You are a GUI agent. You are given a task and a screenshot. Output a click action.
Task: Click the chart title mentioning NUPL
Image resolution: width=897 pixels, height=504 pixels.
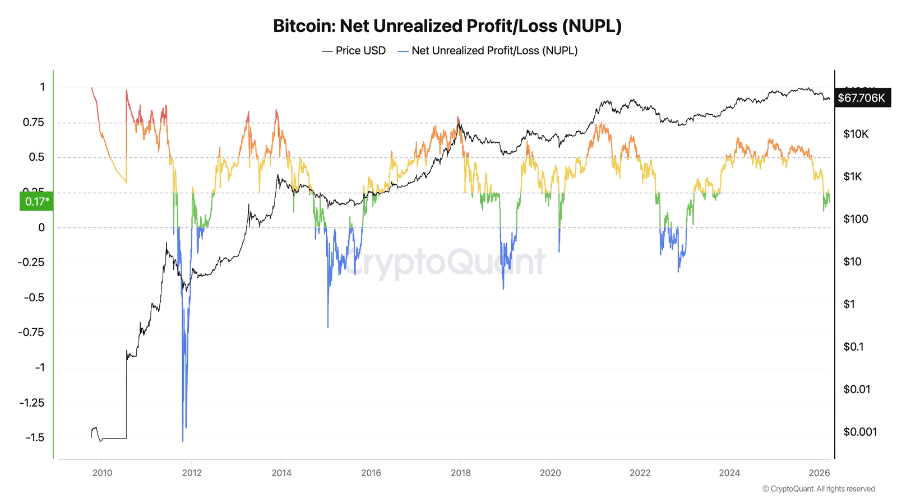tap(447, 26)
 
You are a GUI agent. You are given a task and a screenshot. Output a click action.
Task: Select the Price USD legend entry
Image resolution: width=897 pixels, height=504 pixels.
tap(354, 50)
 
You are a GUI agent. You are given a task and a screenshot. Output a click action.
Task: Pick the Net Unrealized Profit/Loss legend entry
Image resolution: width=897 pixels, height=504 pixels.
tap(488, 50)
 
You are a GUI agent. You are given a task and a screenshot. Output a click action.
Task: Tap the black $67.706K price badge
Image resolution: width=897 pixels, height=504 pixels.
tap(862, 98)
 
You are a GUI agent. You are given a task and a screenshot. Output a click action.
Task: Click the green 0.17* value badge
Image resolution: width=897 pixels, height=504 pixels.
tap(36, 201)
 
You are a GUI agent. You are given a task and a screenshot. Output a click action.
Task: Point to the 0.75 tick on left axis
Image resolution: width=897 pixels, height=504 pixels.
tap(34, 122)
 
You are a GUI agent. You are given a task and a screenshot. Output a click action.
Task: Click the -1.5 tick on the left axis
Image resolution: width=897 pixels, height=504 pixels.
tap(35, 437)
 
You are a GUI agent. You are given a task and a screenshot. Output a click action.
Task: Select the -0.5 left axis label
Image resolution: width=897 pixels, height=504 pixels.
tap(34, 297)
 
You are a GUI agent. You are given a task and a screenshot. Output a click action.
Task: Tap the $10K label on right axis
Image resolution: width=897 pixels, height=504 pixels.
tap(856, 134)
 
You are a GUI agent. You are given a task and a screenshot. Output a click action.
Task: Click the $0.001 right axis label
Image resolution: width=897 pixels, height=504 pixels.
tap(860, 432)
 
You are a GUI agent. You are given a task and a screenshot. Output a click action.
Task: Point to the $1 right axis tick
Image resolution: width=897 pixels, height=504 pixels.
tap(849, 304)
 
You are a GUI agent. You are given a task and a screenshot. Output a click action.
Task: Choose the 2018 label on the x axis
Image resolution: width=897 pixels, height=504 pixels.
tap(460, 473)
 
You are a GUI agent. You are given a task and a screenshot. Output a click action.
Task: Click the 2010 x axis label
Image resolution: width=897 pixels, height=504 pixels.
tap(102, 473)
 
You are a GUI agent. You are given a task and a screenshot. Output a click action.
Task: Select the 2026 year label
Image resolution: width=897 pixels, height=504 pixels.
tap(819, 473)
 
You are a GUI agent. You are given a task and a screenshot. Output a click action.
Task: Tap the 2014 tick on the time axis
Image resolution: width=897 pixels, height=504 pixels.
tap(281, 473)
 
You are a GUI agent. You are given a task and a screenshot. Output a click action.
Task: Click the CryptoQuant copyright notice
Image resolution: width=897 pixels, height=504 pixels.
tap(819, 489)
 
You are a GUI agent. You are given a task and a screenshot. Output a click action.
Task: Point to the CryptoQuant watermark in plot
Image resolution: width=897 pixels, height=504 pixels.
tap(443, 261)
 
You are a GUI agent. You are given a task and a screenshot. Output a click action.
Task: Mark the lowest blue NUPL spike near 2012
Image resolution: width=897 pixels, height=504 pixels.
tap(183, 440)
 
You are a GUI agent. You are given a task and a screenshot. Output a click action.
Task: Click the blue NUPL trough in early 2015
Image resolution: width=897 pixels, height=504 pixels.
tap(328, 326)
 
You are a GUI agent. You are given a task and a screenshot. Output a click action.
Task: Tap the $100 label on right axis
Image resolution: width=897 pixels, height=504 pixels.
tap(856, 219)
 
